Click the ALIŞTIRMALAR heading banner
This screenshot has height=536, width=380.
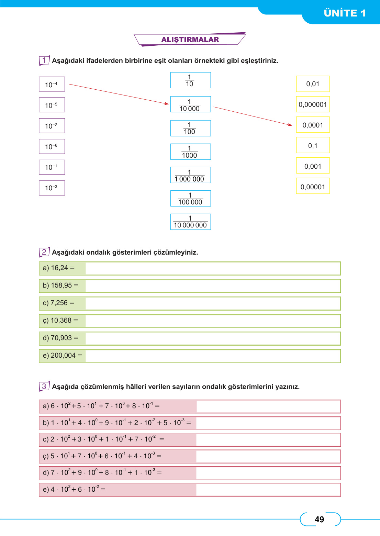(190, 40)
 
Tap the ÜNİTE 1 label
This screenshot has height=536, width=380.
(345, 13)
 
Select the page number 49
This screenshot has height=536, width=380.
(319, 519)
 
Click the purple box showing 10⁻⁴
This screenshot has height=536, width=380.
(52, 84)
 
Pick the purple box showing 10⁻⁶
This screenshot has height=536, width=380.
(52, 146)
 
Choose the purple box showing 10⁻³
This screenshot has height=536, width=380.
(52, 188)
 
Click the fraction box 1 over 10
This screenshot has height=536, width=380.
(190, 80)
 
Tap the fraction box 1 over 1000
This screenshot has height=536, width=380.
(190, 152)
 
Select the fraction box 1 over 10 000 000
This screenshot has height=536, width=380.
(190, 222)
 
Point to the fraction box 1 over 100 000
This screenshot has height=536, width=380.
(190, 199)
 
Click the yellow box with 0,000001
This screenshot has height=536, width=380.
(313, 104)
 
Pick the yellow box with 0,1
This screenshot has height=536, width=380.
(313, 145)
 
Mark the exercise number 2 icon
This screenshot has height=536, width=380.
(44, 252)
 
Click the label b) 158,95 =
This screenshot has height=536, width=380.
(60, 286)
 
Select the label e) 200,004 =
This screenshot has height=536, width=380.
(62, 356)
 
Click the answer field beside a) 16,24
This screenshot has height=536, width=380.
(212, 268)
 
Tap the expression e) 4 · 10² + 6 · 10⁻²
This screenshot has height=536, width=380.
(74, 489)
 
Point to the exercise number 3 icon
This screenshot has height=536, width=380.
(44, 386)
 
